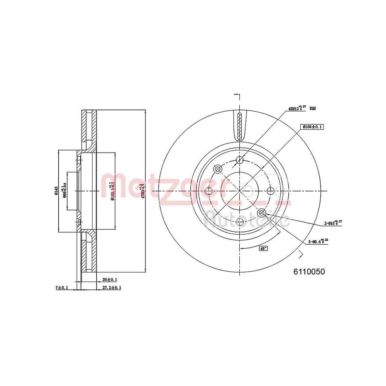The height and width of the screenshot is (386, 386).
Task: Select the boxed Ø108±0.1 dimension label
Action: coord(312,127)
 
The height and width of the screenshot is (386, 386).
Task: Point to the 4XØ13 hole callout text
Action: coord(296,109)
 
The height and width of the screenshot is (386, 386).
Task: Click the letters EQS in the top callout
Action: coord(313,109)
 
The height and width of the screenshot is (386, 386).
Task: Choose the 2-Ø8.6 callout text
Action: coord(318,242)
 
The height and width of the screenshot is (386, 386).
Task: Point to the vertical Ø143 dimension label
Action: coord(56,191)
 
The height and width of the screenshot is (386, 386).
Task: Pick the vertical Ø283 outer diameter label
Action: coord(144,192)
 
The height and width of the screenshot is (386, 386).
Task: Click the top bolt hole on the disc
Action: coord(240,161)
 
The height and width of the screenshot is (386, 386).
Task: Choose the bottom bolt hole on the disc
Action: coord(240,222)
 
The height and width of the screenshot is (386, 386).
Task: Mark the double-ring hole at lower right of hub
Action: coord(261,213)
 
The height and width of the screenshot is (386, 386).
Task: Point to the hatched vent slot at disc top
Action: coord(240,127)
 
